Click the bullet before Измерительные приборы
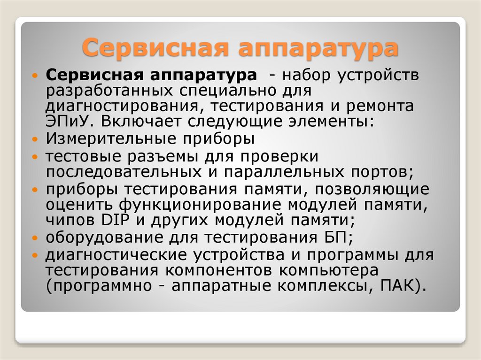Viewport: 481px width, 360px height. tap(36, 140)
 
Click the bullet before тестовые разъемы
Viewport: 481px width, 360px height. tap(36, 156)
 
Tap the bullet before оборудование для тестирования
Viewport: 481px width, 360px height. tap(36, 238)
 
